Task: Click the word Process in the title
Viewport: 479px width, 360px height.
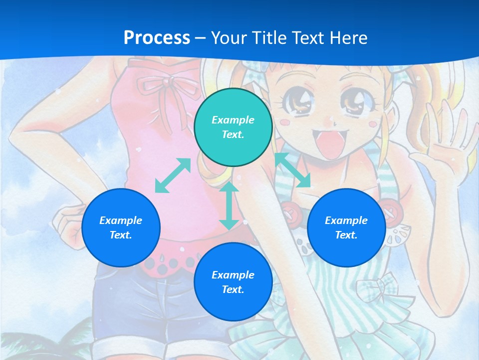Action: (157, 38)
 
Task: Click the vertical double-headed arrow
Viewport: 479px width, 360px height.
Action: (229, 206)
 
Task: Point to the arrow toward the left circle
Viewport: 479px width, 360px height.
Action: (173, 175)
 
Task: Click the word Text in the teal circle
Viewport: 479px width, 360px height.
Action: (233, 134)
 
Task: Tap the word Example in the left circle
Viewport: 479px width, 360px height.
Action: (121, 220)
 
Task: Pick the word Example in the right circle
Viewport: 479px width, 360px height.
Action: (346, 220)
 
